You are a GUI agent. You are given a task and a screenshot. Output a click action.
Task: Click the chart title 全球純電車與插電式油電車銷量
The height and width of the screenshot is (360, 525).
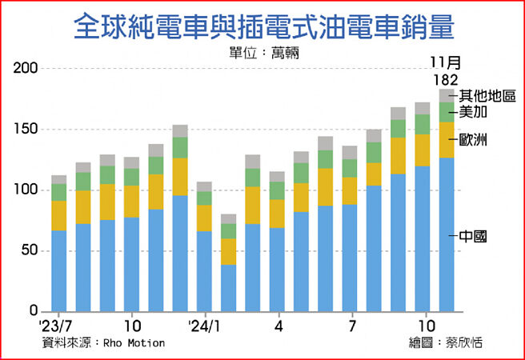click(x=263, y=27)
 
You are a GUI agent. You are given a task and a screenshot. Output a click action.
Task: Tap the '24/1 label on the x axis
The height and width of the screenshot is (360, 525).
click(x=205, y=326)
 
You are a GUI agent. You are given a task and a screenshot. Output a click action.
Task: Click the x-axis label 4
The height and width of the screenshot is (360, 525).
click(x=278, y=326)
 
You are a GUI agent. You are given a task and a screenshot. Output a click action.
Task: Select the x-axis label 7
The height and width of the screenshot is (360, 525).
click(x=351, y=326)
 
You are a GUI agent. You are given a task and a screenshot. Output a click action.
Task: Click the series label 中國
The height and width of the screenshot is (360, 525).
click(x=475, y=236)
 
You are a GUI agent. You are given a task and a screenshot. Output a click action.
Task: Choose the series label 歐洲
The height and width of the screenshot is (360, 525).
click(x=475, y=139)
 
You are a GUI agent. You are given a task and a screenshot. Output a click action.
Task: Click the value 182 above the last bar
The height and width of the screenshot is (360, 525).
click(x=445, y=80)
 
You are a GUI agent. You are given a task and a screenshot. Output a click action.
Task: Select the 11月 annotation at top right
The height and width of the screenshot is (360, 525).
click(x=445, y=62)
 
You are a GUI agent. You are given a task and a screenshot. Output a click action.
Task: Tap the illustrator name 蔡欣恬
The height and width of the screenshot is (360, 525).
click(x=471, y=342)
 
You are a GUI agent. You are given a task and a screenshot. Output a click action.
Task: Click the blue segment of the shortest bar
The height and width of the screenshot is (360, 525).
click(x=229, y=287)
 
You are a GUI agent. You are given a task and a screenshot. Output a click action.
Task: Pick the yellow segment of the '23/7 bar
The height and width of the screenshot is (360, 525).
click(x=59, y=215)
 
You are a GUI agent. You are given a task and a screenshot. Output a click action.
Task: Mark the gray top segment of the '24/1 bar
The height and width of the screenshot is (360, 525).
click(x=204, y=186)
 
